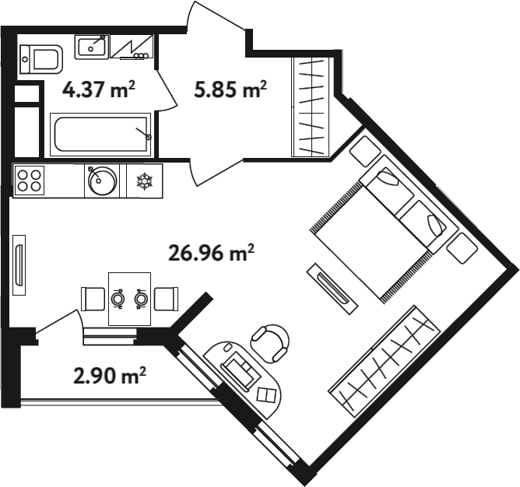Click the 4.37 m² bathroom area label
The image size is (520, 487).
coord(99,89)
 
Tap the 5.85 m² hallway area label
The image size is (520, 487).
coord(230,89)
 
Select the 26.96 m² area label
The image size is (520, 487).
coord(211,253)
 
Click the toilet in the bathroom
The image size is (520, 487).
coord(41,60)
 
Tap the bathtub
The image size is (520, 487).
coord(100,135)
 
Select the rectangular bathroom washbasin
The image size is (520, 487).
coord(92,47)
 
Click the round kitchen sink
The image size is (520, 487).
coord(102,180)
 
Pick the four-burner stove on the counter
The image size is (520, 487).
coord(29,180)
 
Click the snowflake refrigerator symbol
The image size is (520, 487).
coord(145,181)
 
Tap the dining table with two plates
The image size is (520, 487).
coord(130,299)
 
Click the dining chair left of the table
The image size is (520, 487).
coord(93,299)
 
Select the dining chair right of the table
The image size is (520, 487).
coord(167,299)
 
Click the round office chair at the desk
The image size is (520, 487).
coord(270,343)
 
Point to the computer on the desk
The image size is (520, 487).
coord(241,370)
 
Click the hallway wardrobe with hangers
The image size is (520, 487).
coord(310,107)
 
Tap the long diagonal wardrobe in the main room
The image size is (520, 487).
coord(384,361)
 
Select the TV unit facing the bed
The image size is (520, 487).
coord(332,289)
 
